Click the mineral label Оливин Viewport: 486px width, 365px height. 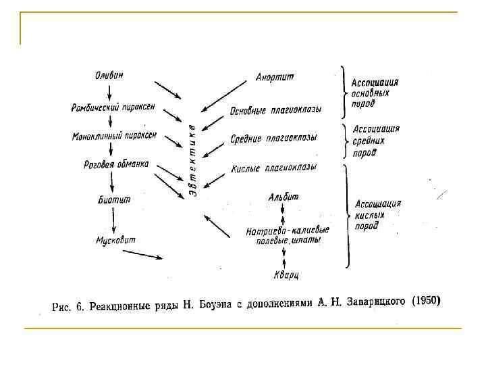click(109, 75)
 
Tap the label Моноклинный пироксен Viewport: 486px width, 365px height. click(114, 136)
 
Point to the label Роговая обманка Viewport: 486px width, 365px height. click(116, 164)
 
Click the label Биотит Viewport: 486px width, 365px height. click(113, 199)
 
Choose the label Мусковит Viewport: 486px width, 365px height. click(115, 240)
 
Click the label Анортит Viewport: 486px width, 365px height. click(275, 76)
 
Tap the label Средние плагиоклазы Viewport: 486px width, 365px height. click(273, 138)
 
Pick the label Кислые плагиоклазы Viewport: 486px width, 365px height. click(273, 168)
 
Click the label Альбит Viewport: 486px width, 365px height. click(283, 197)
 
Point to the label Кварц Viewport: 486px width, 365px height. click(286, 275)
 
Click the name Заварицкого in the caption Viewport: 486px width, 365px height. click(375, 301)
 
